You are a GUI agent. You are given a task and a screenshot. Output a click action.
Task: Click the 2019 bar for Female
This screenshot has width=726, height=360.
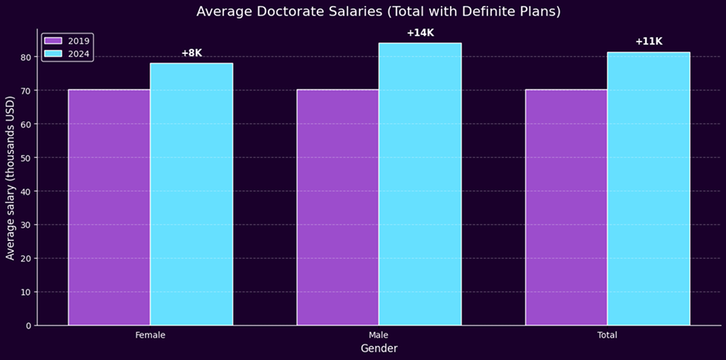(109, 207)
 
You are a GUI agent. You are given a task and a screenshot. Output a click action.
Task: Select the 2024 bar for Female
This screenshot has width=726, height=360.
(191, 194)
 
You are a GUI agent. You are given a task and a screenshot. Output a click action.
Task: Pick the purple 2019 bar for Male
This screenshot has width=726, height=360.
(338, 207)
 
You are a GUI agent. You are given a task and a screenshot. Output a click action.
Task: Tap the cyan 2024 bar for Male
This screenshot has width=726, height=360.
(420, 184)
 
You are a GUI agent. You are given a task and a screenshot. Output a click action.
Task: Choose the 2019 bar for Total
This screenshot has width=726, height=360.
(566, 207)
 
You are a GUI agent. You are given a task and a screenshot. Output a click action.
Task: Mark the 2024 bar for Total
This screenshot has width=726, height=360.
(649, 189)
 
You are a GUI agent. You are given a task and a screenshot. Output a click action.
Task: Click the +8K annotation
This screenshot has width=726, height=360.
(192, 53)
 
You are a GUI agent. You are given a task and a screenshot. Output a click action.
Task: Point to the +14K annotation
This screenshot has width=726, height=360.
(421, 33)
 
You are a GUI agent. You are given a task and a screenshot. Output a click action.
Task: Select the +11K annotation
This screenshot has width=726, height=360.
(649, 42)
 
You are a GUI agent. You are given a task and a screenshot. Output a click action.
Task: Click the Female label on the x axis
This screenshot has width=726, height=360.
(150, 335)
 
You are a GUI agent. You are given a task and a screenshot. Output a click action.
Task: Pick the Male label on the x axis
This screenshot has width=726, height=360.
(379, 335)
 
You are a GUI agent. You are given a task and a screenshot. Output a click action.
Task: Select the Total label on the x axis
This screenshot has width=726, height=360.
(607, 335)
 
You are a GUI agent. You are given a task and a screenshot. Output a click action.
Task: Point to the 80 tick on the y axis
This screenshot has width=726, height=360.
(26, 57)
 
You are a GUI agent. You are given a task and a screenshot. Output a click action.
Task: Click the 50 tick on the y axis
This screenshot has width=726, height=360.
(26, 158)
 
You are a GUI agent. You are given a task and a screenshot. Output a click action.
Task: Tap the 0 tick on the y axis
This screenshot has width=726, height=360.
(28, 326)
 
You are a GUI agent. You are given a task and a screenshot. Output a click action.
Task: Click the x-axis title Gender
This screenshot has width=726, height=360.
(379, 349)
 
